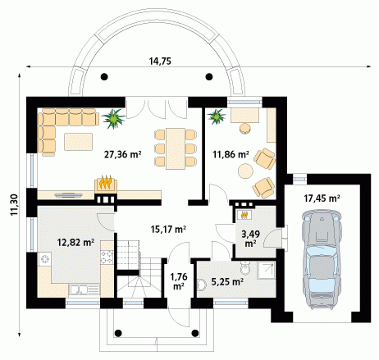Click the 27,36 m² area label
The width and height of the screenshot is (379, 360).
tap(122, 154)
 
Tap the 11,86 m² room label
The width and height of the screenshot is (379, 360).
tap(231, 154)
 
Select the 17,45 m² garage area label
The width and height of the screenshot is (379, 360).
tap(322, 198)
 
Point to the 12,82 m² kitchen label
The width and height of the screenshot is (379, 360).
tap(76, 242)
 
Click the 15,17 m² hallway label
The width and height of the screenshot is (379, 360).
tap(168, 229)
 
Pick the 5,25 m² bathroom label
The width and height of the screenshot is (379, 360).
tap(227, 281)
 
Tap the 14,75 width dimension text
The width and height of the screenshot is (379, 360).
tap(160, 62)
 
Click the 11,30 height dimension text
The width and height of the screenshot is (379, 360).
tap(14, 205)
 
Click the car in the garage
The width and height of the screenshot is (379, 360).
tap(322, 260)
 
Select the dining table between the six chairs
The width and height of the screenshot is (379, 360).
tap(176, 148)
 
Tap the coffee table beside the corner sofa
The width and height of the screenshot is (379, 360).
tap(78, 142)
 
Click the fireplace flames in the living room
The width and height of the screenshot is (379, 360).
tap(105, 182)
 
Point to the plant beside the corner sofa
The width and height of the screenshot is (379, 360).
tap(113, 118)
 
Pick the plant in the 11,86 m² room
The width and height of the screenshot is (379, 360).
tap(217, 116)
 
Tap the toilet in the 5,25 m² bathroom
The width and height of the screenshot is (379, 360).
tap(245, 267)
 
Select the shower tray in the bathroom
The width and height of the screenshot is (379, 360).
tap(266, 271)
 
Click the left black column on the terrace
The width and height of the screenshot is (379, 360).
tap(104, 77)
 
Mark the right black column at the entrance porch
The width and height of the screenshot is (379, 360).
tap(195, 333)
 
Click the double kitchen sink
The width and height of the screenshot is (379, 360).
tap(84, 290)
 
